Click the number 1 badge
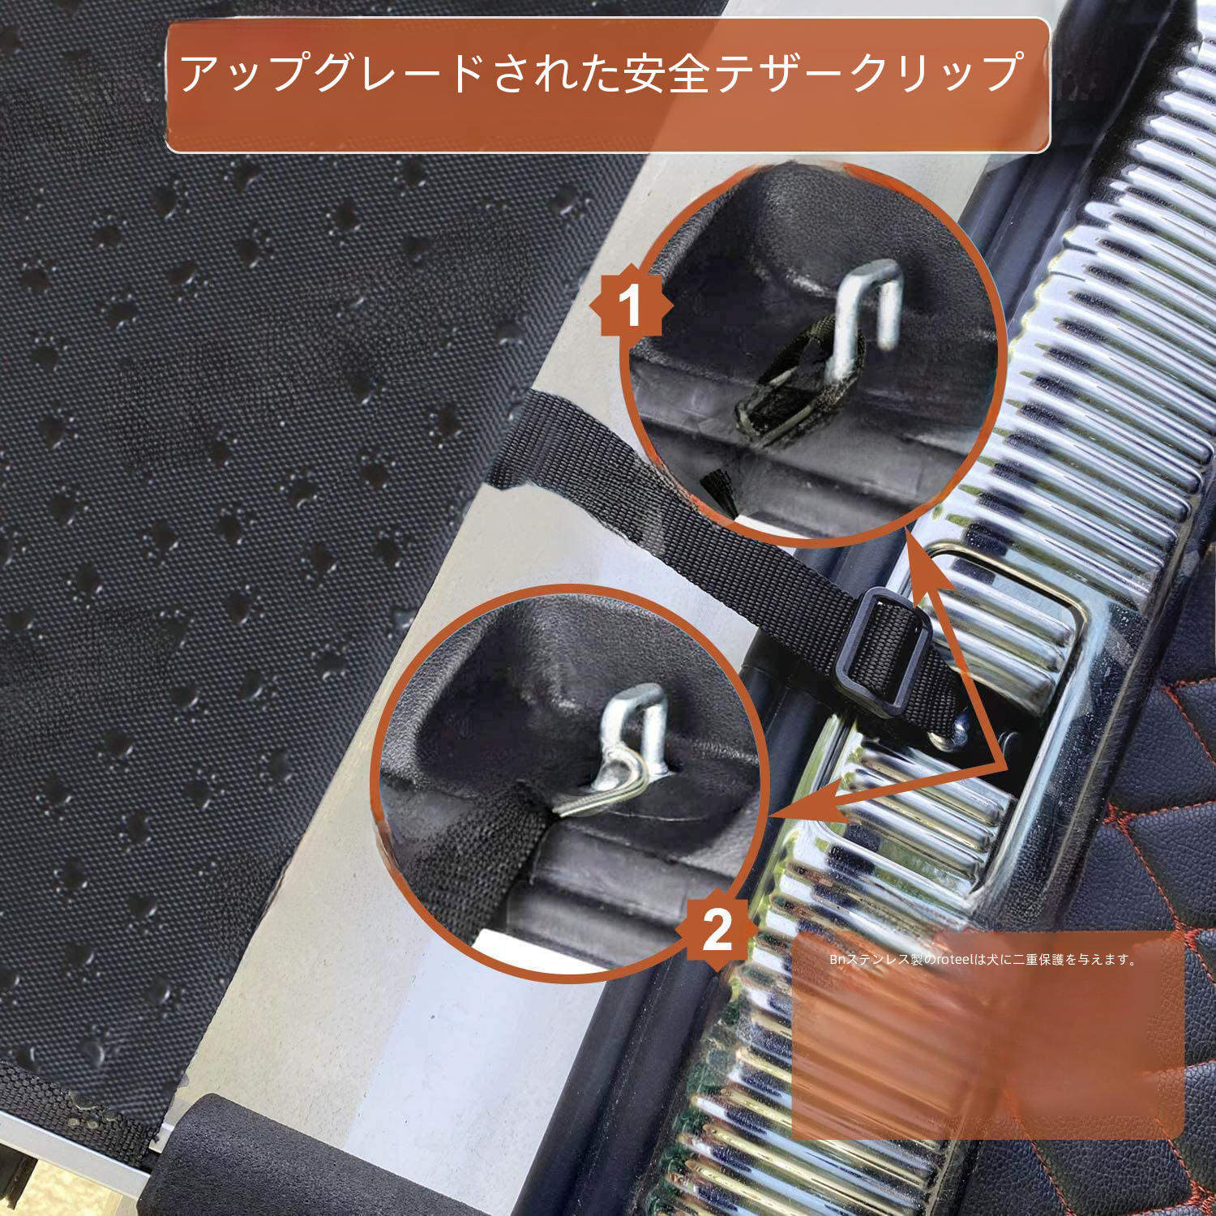tap(630, 307)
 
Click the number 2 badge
tap(717, 930)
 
